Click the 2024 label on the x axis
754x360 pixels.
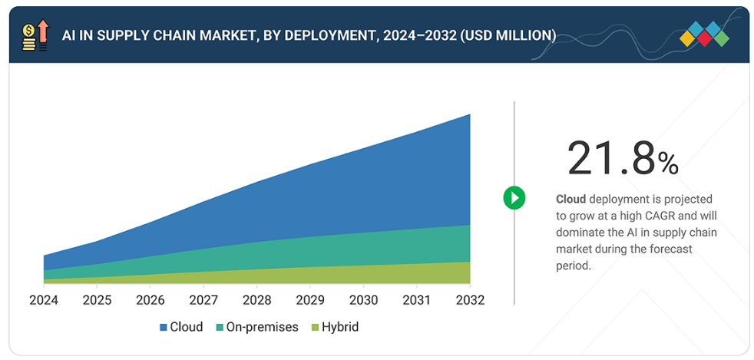44,299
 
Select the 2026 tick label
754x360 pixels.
150,299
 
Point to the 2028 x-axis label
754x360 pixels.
256,299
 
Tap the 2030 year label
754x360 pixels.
363,299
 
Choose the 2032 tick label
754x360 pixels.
470,299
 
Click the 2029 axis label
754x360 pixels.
310,299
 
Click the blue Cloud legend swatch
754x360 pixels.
164,328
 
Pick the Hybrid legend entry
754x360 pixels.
339,327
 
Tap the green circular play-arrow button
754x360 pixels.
514,197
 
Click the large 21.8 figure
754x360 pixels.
611,158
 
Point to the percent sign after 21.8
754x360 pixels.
668,163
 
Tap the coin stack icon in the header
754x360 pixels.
29,36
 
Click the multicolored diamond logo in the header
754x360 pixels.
704,35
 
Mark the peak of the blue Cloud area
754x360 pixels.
469,115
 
